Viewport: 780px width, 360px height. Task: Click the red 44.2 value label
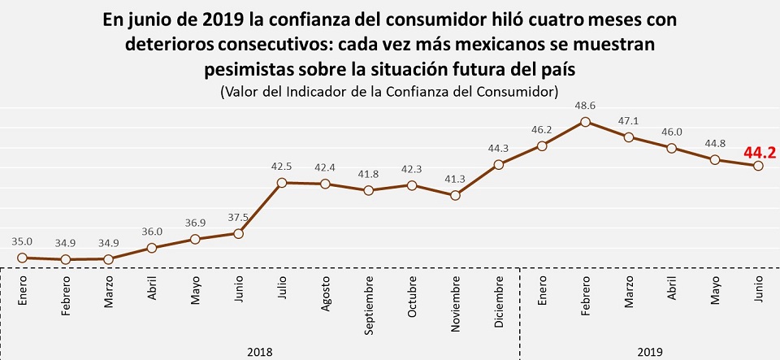click(x=760, y=151)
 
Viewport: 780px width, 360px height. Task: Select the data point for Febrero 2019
click(x=585, y=122)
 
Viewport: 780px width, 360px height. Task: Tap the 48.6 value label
click(x=585, y=106)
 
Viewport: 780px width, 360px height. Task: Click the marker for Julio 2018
click(x=281, y=183)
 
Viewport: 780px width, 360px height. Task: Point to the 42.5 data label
click(x=281, y=167)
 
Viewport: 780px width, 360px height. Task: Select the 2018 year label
click(x=260, y=352)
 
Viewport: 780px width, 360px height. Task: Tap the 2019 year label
click(x=650, y=352)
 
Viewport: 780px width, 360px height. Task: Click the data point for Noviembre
click(x=455, y=195)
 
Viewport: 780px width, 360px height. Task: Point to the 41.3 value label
click(x=455, y=180)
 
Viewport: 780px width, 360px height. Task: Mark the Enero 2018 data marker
click(x=22, y=258)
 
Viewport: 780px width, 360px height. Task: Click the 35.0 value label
click(x=22, y=241)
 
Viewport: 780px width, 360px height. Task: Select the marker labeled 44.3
click(x=499, y=165)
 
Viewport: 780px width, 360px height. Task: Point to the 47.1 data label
click(x=629, y=121)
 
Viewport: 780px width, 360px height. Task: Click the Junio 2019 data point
click(x=758, y=166)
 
